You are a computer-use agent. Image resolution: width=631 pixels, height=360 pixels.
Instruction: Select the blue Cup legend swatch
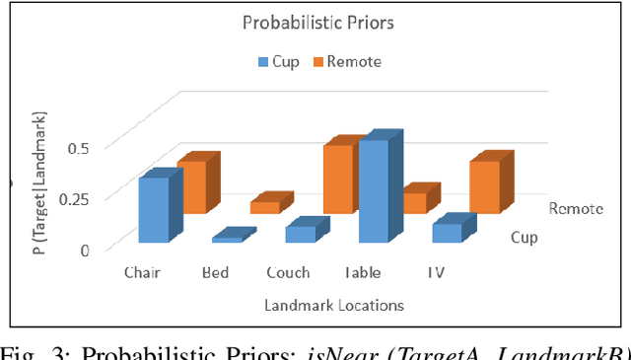263,61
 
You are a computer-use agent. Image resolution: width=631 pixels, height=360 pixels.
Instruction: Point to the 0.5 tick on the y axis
78,148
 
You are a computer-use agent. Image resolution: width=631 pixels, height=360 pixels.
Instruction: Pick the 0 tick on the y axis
85,250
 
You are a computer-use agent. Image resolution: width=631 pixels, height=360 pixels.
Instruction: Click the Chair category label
142,273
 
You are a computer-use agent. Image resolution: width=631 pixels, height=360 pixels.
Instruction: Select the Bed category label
215,273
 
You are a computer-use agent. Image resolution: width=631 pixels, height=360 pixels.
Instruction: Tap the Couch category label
288,273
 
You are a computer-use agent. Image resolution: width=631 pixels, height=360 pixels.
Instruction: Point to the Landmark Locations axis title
333,306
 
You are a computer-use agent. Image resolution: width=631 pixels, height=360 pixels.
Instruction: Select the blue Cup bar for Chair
154,209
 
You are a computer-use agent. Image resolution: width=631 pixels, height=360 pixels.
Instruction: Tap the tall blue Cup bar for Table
374,190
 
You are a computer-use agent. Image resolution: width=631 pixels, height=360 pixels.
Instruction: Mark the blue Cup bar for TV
448,233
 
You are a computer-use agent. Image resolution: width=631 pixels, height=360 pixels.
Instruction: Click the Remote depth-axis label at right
576,208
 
